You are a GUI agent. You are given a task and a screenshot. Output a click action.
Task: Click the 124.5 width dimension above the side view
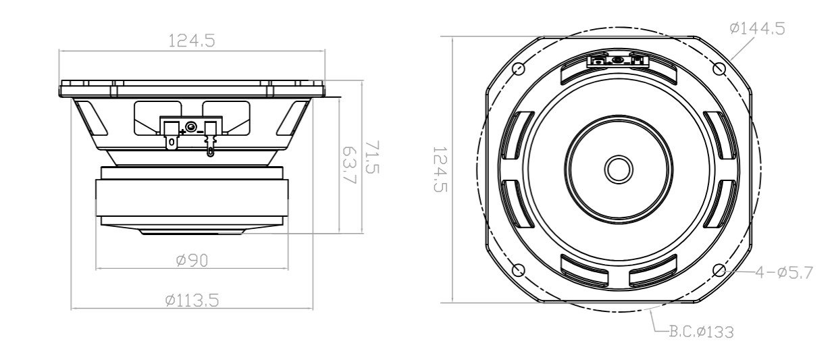click(x=191, y=41)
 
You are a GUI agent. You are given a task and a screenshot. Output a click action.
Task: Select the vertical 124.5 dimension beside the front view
click(x=440, y=169)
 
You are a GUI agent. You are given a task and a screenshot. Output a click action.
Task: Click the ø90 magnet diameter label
click(x=191, y=261)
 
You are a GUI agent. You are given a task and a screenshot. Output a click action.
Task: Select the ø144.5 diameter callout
click(x=757, y=28)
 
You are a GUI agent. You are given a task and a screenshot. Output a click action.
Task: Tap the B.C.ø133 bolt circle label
click(x=700, y=332)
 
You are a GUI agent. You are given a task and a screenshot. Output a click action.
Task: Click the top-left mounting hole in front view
click(x=519, y=68)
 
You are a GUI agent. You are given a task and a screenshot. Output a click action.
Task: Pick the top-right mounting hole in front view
click(x=719, y=69)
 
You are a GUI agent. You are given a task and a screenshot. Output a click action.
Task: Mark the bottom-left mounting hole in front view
click(x=519, y=270)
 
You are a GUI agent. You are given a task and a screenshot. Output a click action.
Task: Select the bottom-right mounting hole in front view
click(x=719, y=270)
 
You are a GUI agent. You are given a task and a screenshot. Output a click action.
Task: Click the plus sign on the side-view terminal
click(x=183, y=131)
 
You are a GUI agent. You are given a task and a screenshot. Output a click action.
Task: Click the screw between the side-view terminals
click(x=192, y=127)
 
